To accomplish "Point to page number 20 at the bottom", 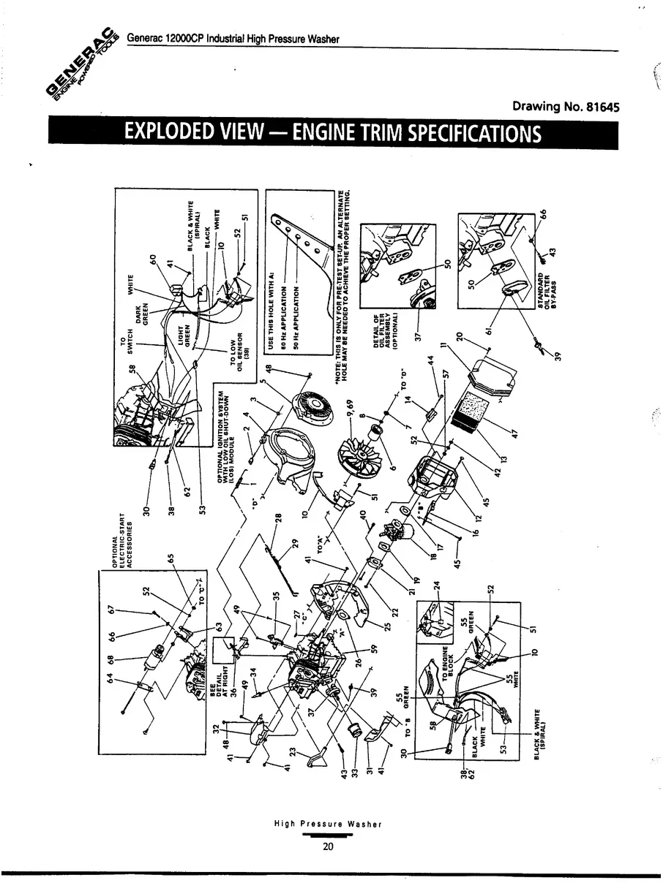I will (328, 847).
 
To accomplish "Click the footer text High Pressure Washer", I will (328, 824).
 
